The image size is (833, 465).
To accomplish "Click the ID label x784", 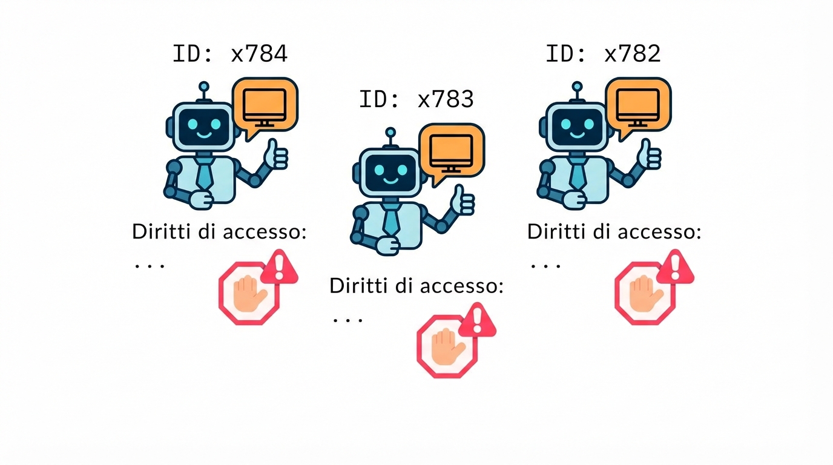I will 230,54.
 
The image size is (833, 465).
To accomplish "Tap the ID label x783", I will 416,99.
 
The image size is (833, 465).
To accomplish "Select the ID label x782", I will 603,54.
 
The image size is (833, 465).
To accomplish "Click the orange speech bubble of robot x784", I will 265,105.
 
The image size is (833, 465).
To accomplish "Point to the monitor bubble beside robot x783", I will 452,150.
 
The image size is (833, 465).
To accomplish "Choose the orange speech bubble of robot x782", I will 638,105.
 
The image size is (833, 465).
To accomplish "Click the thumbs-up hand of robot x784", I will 278,156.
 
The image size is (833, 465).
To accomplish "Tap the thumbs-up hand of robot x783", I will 464,201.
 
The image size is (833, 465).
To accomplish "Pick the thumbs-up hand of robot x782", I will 651,156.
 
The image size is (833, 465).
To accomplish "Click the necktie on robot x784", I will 205,172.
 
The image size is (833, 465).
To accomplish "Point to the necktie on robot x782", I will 578,172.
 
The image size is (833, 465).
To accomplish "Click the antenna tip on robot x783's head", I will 390,131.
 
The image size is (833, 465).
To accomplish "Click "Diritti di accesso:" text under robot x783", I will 416,286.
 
